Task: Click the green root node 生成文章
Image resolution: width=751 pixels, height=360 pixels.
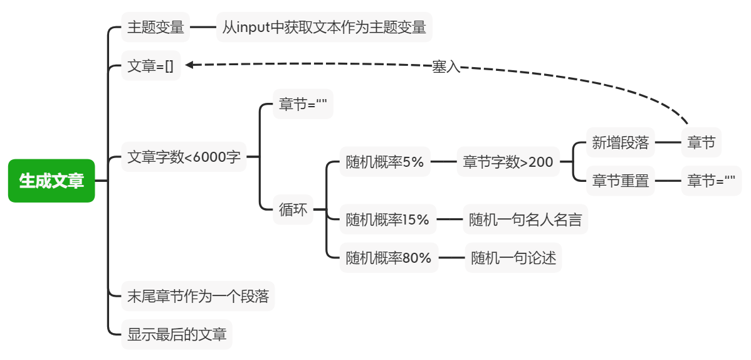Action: point(51,181)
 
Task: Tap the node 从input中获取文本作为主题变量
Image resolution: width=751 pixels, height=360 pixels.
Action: point(324,28)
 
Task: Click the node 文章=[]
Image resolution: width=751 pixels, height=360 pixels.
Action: point(150,65)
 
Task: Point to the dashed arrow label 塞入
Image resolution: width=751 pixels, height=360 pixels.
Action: point(446,67)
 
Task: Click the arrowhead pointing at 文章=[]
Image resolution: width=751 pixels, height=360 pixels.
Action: point(189,65)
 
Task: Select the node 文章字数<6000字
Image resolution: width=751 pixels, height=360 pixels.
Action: point(184,157)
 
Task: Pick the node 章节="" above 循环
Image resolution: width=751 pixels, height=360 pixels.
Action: point(303,105)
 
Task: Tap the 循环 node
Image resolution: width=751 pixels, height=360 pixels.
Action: point(293,209)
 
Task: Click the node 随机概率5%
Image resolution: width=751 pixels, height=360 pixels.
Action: point(385,162)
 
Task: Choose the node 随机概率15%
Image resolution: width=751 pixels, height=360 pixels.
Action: point(387,220)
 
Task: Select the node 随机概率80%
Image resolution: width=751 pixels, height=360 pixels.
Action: point(389,258)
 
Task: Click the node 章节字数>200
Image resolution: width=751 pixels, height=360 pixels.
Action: point(508,162)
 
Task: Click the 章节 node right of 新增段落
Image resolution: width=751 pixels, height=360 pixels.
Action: point(701,143)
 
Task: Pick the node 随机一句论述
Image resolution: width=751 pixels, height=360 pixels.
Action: point(513,258)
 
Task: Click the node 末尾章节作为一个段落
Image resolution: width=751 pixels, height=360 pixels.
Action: point(197,296)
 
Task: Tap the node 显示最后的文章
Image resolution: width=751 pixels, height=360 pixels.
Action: point(176,334)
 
